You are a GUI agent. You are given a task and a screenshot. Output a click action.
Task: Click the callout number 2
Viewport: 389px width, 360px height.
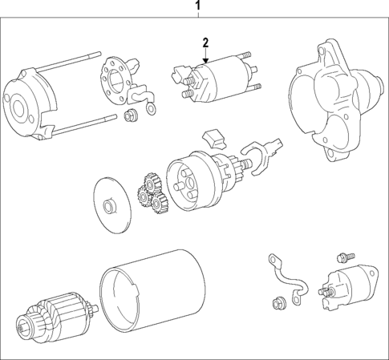[205, 42]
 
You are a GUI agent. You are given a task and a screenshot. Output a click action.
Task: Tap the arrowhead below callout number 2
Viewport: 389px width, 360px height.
[205, 61]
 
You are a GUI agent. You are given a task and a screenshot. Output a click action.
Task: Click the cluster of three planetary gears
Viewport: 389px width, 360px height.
[150, 192]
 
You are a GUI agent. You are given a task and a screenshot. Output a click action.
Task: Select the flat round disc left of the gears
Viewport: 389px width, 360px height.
[111, 201]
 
